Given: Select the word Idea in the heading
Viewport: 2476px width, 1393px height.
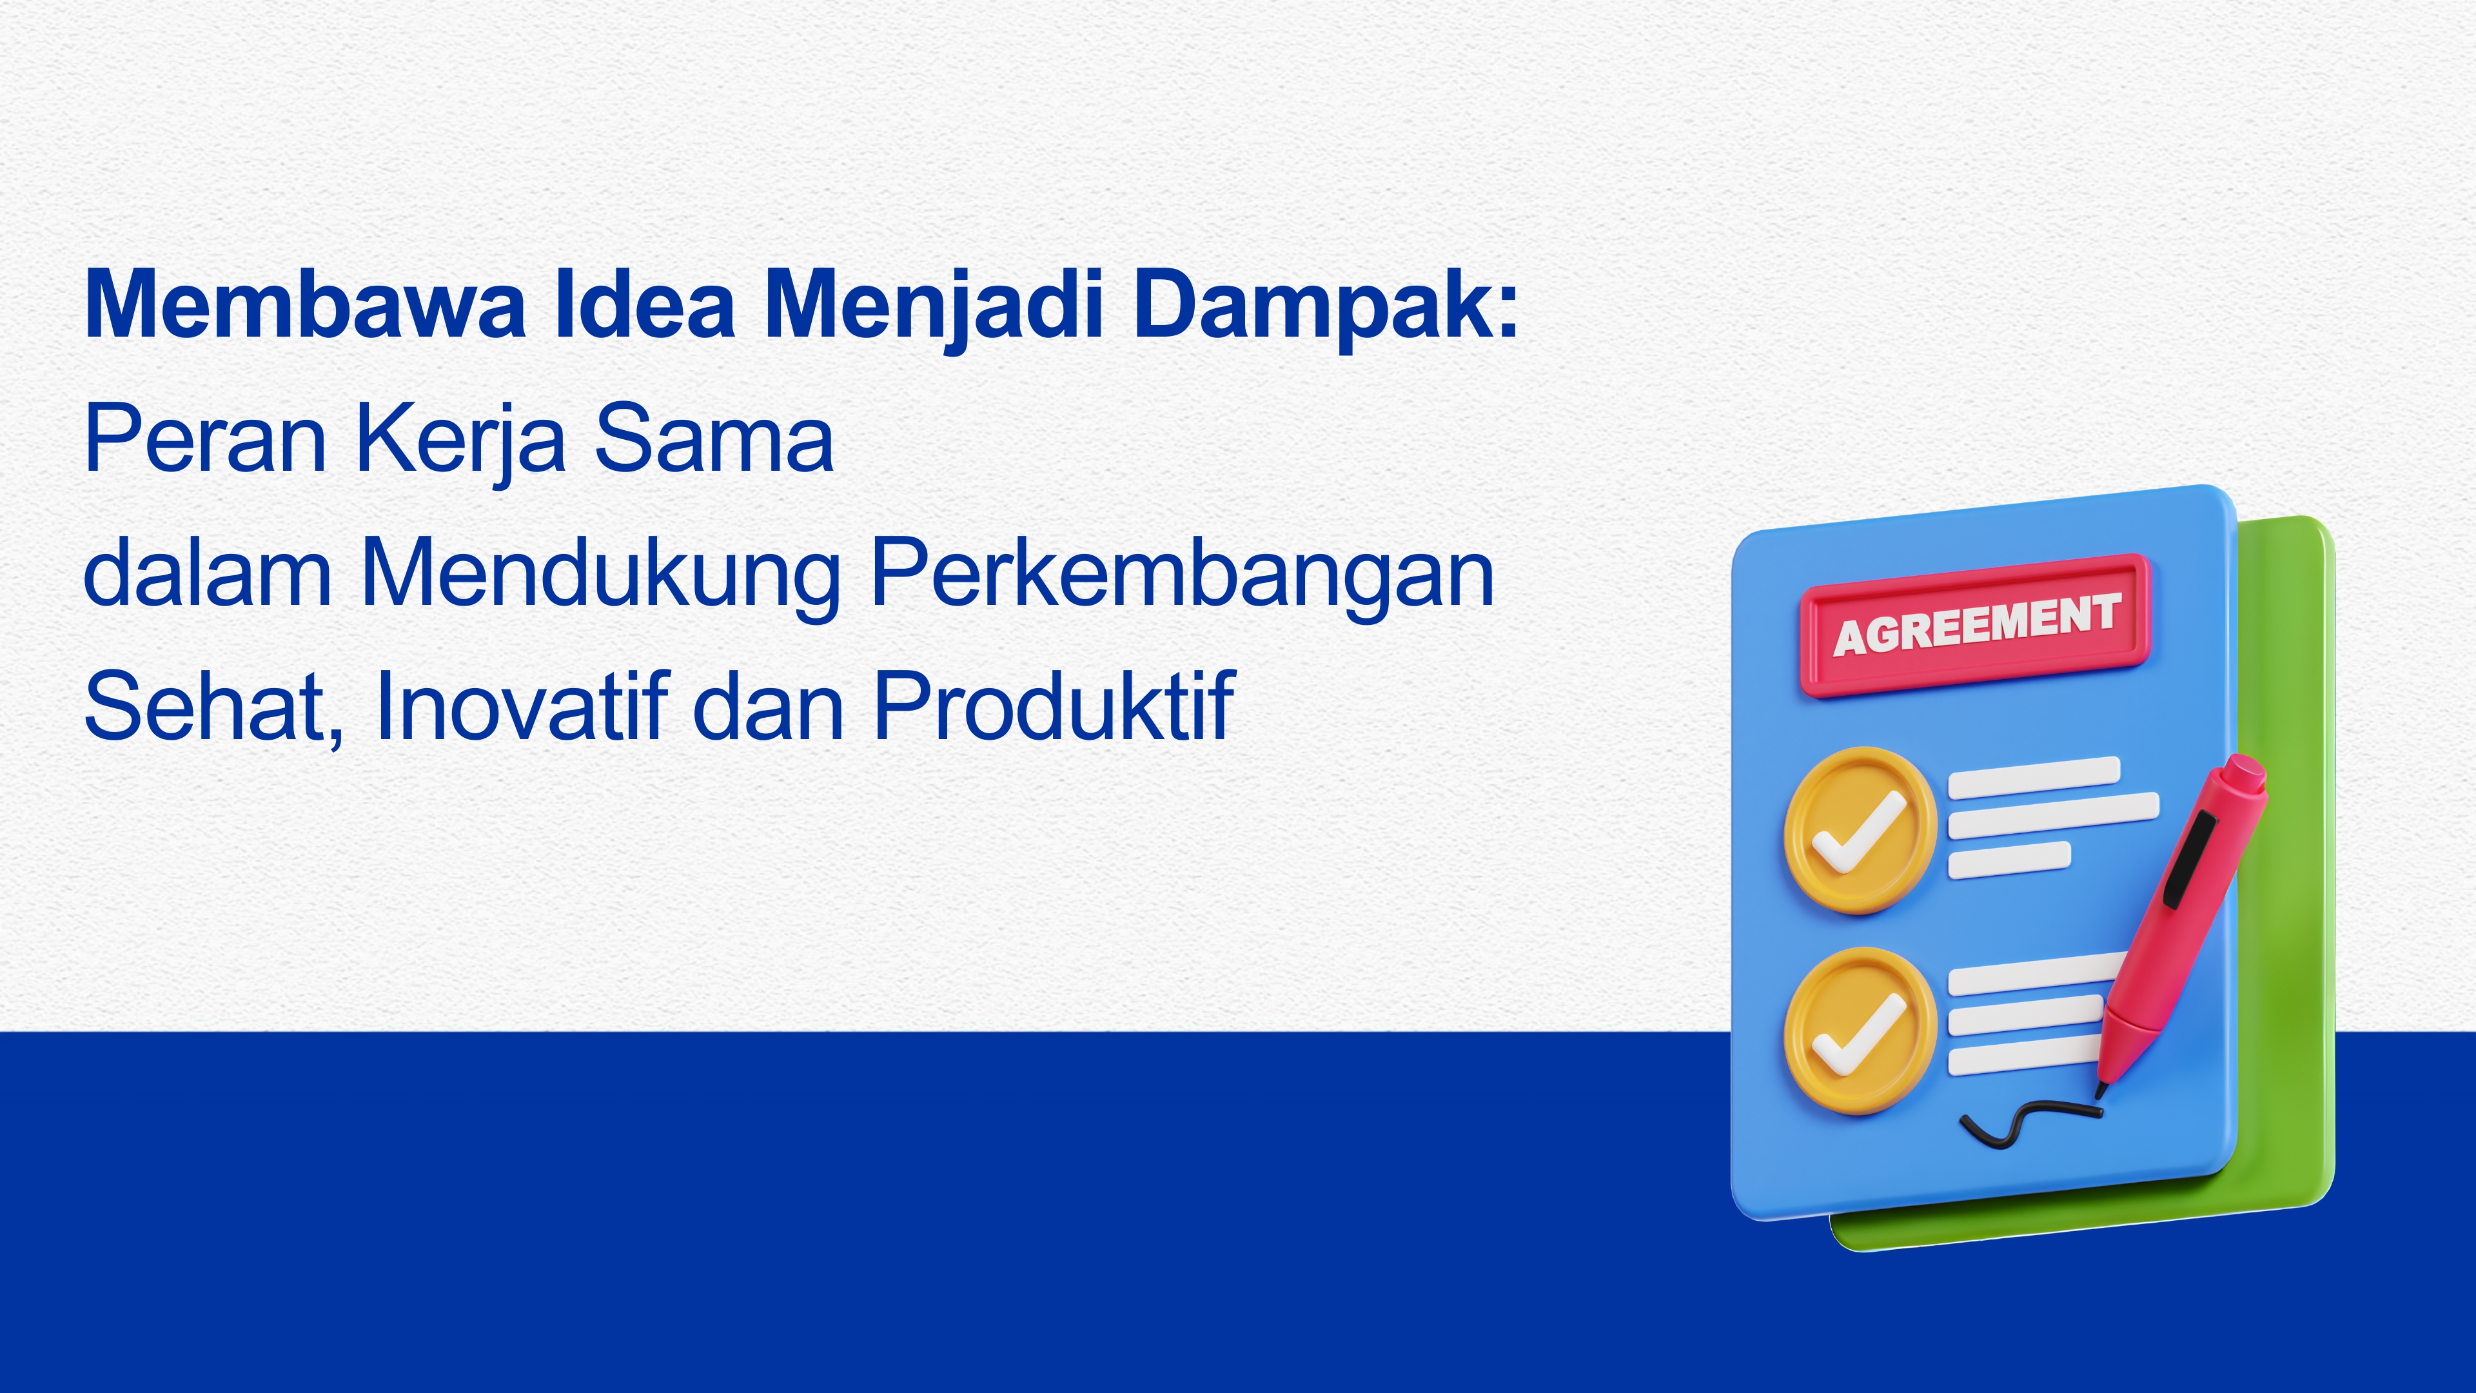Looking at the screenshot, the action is tap(645, 304).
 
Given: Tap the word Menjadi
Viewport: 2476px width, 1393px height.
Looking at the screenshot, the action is tap(932, 308).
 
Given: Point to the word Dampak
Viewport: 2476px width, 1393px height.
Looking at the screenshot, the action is tap(1313, 308).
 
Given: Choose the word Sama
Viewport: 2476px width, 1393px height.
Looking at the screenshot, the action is tap(714, 439).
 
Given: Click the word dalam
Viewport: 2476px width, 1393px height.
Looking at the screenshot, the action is tap(208, 572).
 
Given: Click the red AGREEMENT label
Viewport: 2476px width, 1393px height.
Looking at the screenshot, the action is tap(1975, 625).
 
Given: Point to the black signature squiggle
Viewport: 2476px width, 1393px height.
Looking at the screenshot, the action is tap(2028, 1123).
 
